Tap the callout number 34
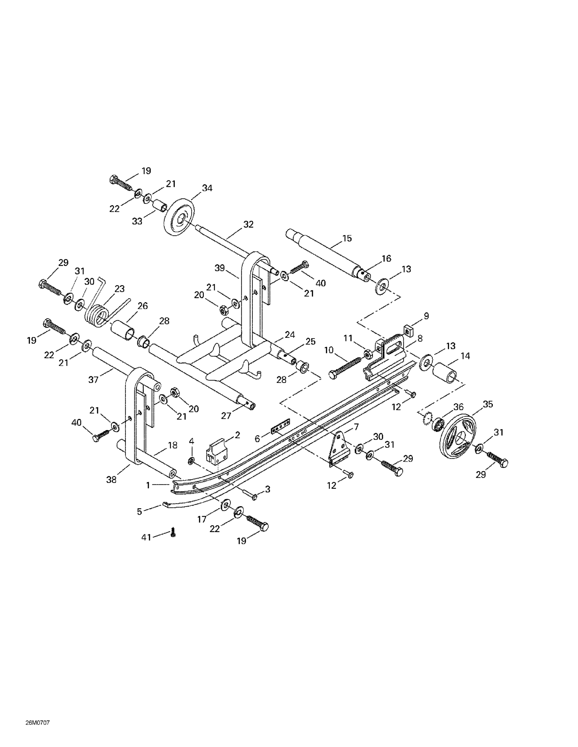pyautogui.click(x=207, y=188)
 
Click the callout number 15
pyautogui.click(x=347, y=238)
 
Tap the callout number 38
pyautogui.click(x=111, y=480)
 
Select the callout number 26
pyautogui.click(x=142, y=306)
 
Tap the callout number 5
pyautogui.click(x=139, y=512)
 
